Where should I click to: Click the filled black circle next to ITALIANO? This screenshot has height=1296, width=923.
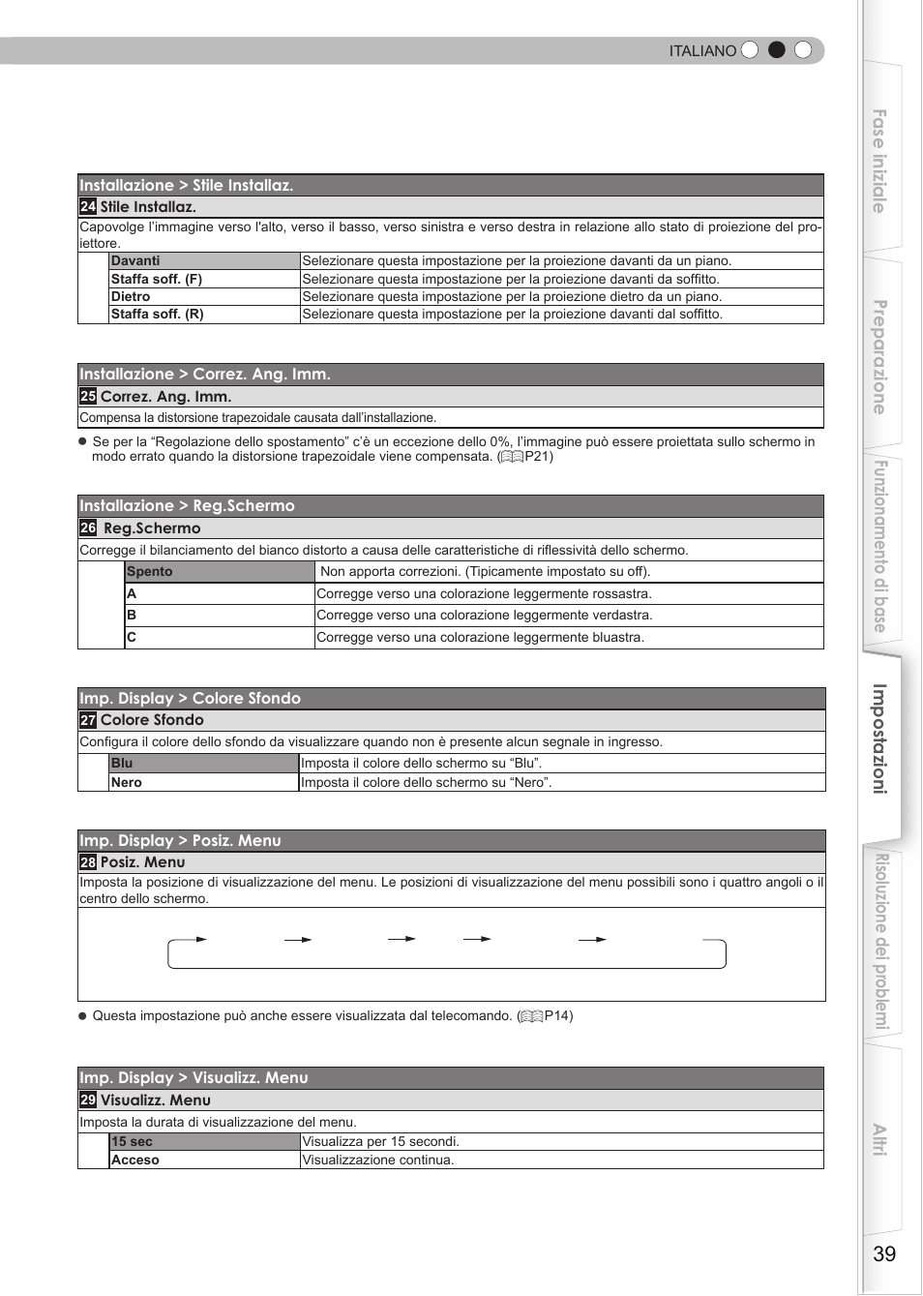point(776,50)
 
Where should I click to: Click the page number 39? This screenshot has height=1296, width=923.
point(884,1254)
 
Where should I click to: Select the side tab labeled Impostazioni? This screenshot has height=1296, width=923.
point(879,739)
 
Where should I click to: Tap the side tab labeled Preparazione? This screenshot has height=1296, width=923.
point(879,357)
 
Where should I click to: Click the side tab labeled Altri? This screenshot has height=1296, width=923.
point(879,1140)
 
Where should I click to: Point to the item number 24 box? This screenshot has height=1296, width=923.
point(88,206)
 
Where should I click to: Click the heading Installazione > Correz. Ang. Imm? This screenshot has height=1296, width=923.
point(205,375)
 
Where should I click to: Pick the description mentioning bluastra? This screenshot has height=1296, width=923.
point(480,638)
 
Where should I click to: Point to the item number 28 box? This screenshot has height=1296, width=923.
point(88,862)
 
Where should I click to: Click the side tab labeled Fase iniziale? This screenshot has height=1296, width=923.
point(879,161)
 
